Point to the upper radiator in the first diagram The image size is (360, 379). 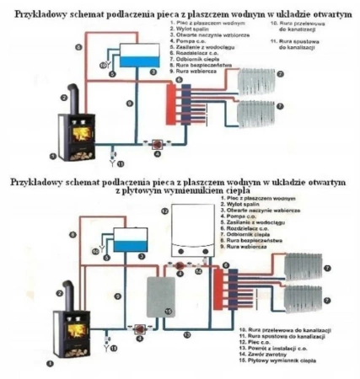tap(263, 83)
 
